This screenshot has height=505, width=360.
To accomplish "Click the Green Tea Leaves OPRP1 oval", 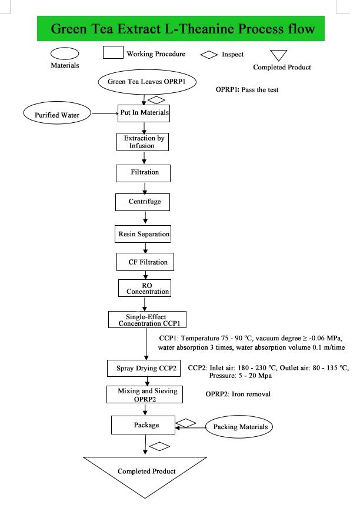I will click(143, 82).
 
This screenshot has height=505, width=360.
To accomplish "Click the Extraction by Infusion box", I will click(144, 142).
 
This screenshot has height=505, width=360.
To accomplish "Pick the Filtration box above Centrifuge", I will click(144, 173).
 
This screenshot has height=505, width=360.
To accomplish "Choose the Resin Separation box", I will click(144, 234).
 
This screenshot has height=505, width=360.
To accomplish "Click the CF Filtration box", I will click(144, 262).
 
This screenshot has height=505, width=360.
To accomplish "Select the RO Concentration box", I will click(144, 287).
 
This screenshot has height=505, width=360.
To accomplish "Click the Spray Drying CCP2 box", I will click(144, 369).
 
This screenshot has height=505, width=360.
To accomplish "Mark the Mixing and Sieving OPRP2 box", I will click(144, 394).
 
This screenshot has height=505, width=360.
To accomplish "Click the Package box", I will click(144, 424).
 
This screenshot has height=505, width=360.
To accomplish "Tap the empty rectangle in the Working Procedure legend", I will click(113, 53).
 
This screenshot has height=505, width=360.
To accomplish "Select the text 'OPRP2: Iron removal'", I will click(238, 393).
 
